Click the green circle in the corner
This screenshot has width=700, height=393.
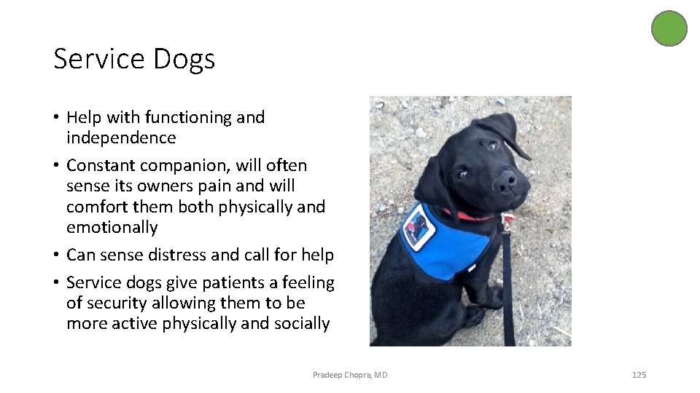(x=669, y=28)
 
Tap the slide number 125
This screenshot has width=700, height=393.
(x=639, y=375)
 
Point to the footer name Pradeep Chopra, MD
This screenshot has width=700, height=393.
(x=350, y=375)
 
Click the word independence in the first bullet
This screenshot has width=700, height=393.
(x=121, y=138)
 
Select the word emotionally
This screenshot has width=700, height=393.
(x=112, y=227)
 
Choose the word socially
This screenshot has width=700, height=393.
(x=300, y=323)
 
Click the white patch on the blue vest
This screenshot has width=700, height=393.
(x=419, y=226)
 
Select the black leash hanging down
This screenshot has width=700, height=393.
(x=507, y=291)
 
